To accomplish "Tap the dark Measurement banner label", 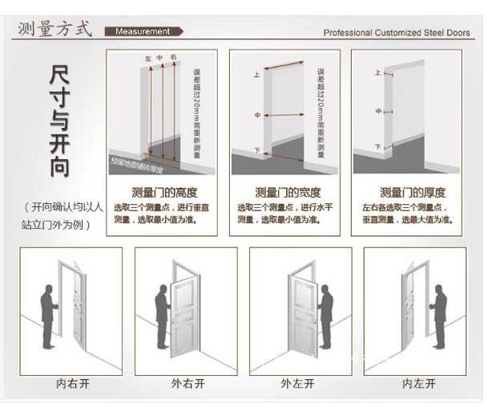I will pyautogui.click(x=143, y=32).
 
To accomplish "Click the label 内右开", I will pyautogui.click(x=72, y=383).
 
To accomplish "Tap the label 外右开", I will pyautogui.click(x=188, y=383).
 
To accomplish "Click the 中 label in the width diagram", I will pyautogui.click(x=257, y=116).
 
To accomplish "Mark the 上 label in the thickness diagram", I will pyautogui.click(x=377, y=73).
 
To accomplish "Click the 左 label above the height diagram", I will pyautogui.click(x=148, y=59).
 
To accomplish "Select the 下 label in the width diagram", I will pyautogui.click(x=257, y=150).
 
